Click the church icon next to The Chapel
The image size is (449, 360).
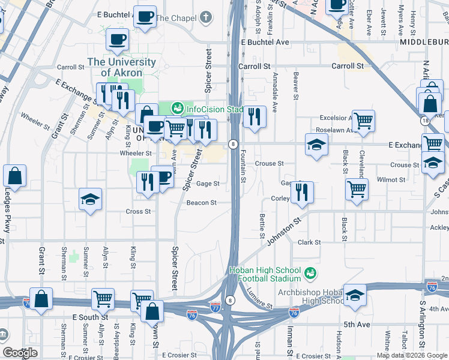click(x=206, y=18)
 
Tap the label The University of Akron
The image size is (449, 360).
click(x=122, y=67)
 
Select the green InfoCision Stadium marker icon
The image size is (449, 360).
click(x=176, y=109)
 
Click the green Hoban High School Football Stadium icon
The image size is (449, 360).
click(x=310, y=274)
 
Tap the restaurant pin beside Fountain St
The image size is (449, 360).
click(x=255, y=117)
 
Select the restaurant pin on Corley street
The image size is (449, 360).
click(x=302, y=192)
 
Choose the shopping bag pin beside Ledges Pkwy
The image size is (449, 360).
click(x=14, y=176)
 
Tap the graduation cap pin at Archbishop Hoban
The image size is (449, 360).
click(x=354, y=295)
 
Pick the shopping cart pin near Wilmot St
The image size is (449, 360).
click(x=357, y=190)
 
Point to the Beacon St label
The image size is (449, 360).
click(x=201, y=203)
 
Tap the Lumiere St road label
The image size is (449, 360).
click(x=259, y=299)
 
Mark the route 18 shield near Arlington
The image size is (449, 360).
click(x=425, y=121)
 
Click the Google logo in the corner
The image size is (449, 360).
click(x=20, y=353)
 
